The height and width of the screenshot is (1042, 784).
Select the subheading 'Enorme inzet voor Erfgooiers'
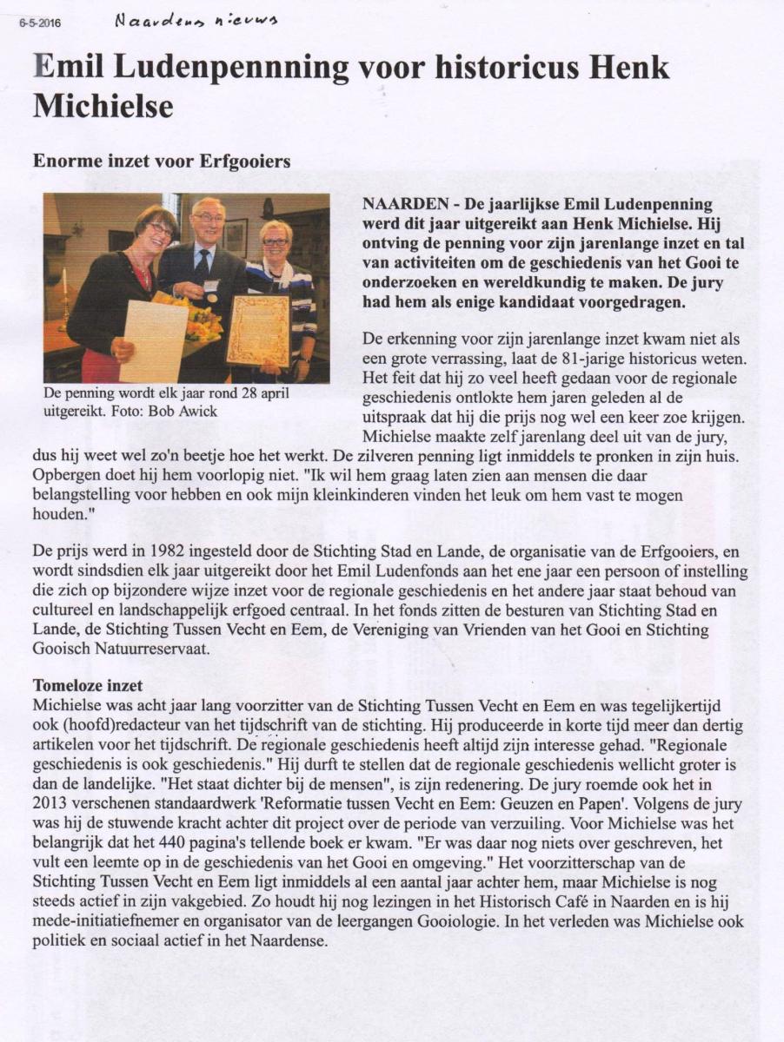coord(161,162)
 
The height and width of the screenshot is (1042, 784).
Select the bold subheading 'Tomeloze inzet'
coord(87,686)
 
